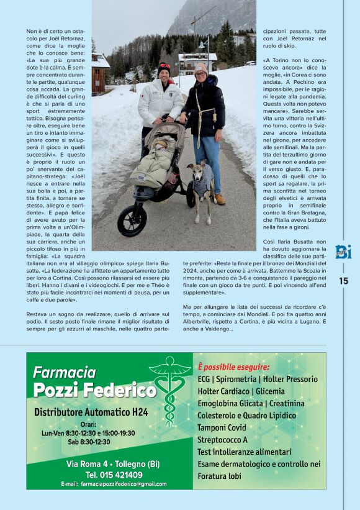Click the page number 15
[344, 281]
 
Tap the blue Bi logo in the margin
[343, 253]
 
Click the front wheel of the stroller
[132, 221]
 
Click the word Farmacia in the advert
[64, 372]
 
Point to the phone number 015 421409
[104, 475]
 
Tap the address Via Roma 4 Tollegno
[104, 464]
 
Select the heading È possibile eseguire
[233, 358]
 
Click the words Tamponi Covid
[222, 427]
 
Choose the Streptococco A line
[223, 439]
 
